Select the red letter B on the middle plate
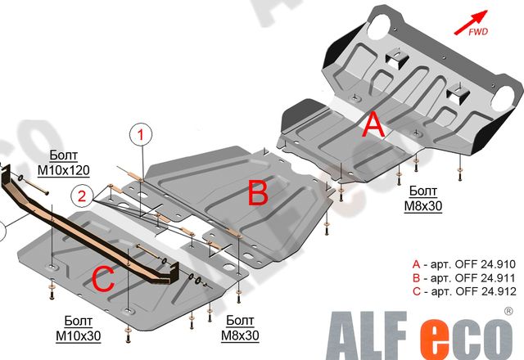click(x=258, y=194)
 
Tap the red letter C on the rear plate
click(x=102, y=279)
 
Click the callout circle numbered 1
click(x=141, y=133)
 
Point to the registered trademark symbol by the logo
click(x=509, y=312)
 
